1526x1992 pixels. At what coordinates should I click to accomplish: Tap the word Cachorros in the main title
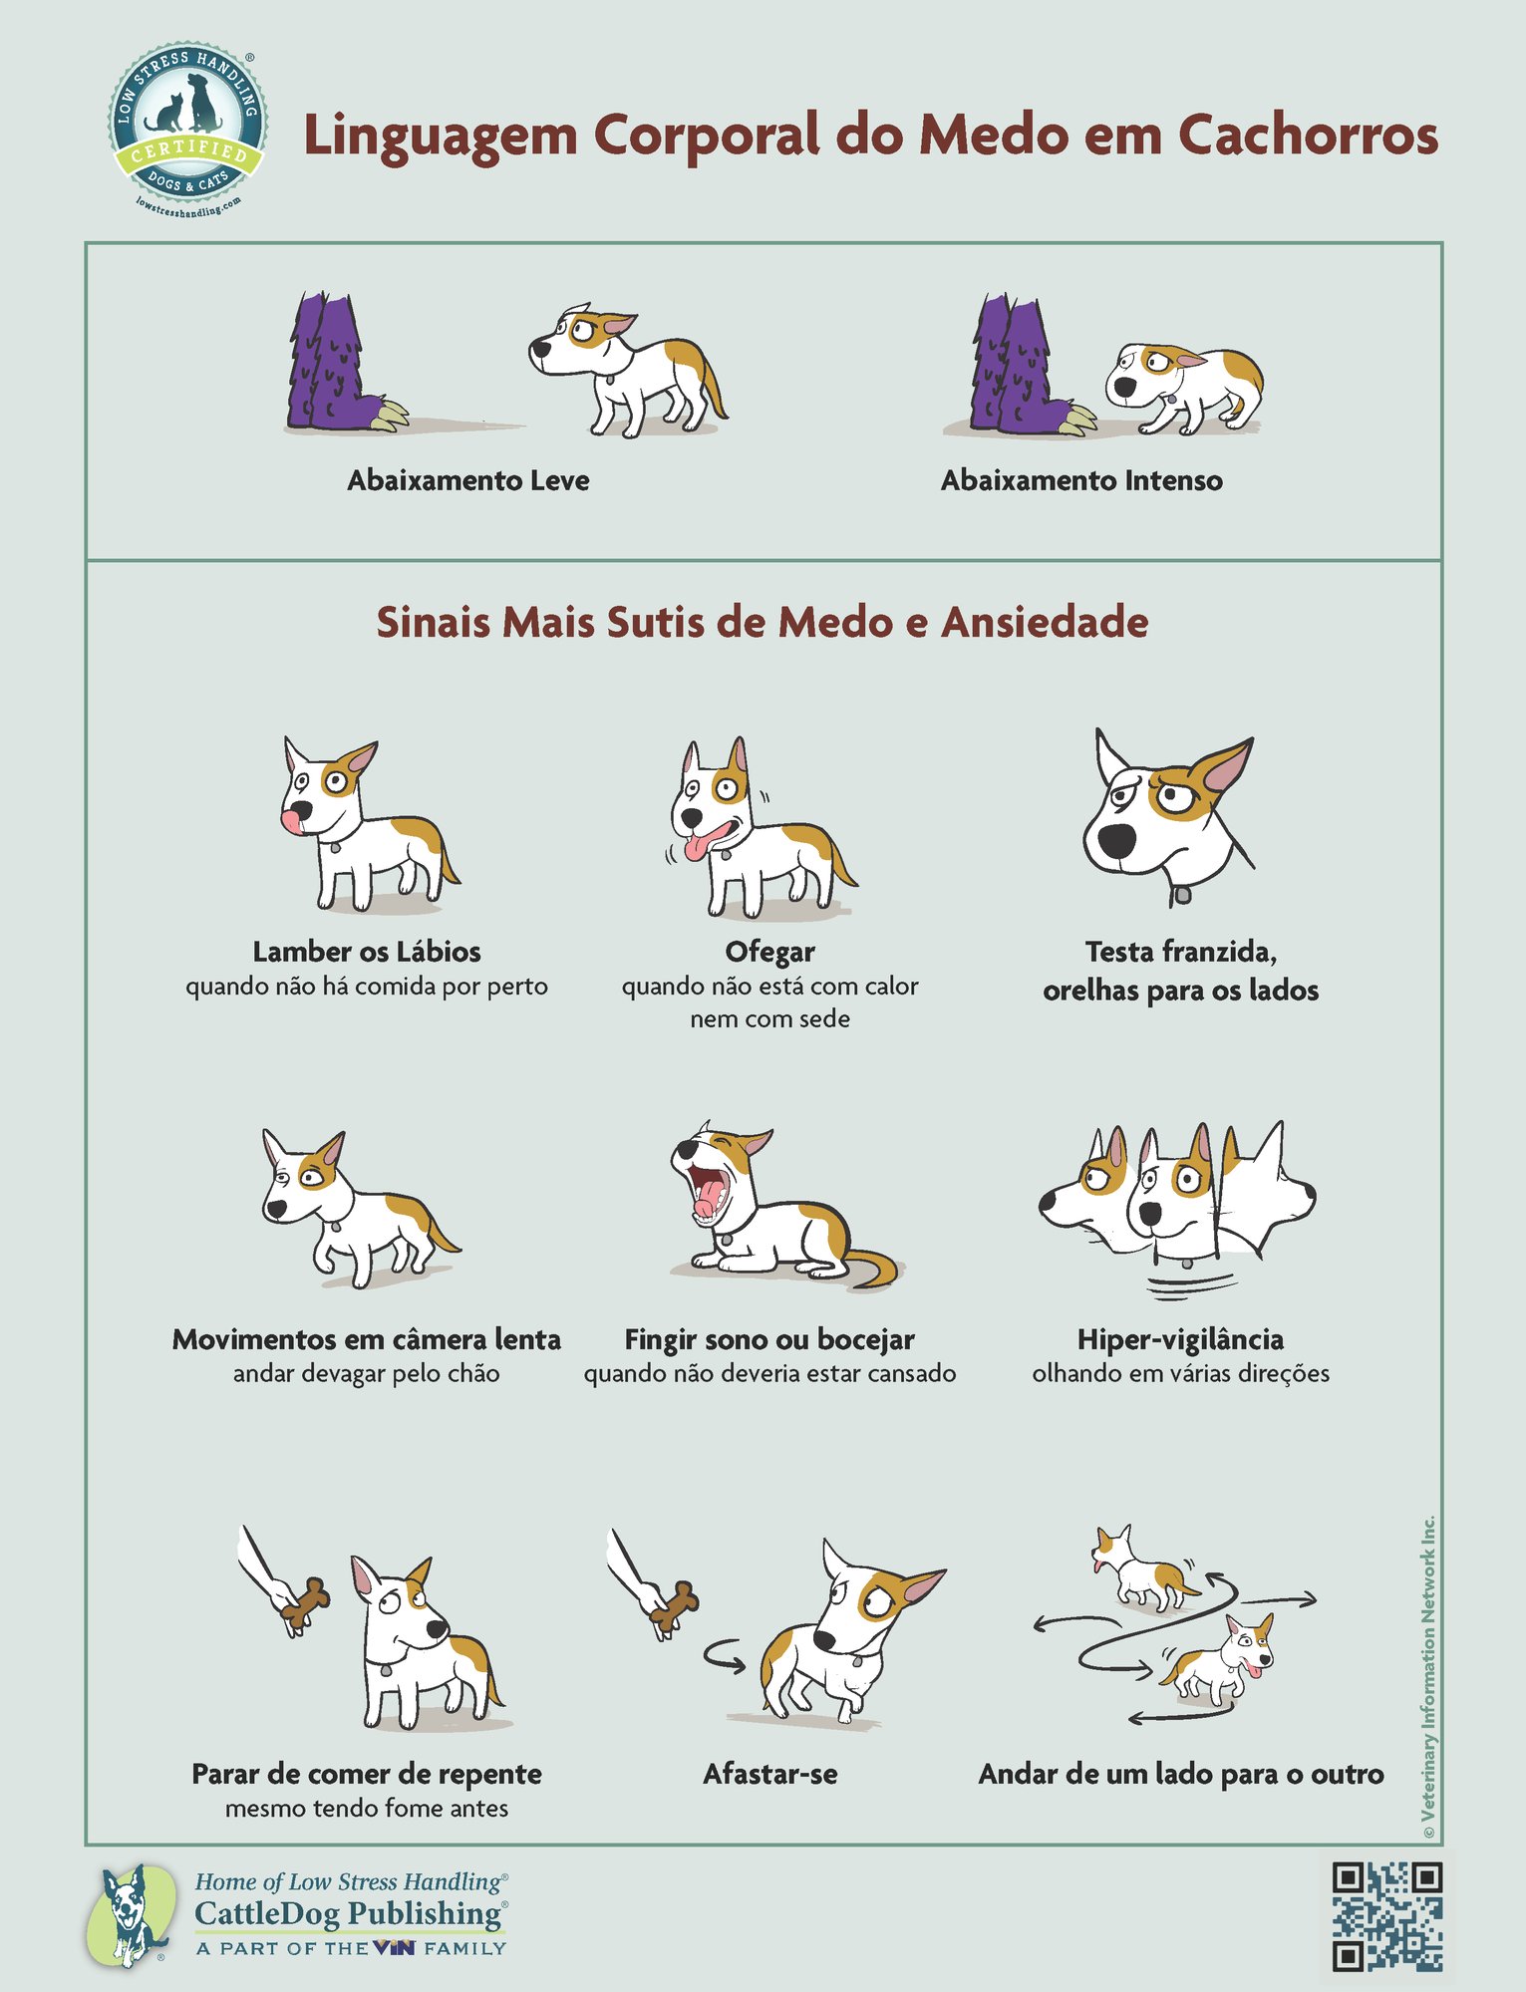[x=1309, y=135]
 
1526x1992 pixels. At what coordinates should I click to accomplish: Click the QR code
[x=1386, y=1915]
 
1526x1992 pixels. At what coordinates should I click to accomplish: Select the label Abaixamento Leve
[x=467, y=480]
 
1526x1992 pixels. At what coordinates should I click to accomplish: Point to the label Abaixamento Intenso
[x=1081, y=480]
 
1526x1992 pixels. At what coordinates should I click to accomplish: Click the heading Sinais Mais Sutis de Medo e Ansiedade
[x=762, y=622]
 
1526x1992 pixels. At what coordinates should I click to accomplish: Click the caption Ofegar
[x=769, y=952]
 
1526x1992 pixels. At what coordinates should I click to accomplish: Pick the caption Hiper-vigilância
[x=1180, y=1338]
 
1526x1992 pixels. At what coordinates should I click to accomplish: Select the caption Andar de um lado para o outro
[x=1180, y=1774]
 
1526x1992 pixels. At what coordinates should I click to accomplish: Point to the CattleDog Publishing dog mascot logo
[x=129, y=1915]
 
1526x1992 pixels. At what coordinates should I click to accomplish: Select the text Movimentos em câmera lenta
[x=366, y=1339]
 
